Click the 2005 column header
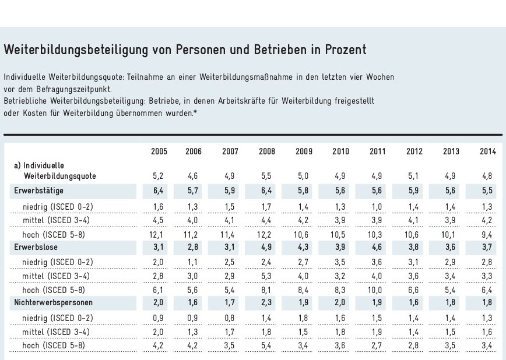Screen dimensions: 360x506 click(159, 152)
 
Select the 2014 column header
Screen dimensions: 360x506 click(487, 152)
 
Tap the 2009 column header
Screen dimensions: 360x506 click(304, 152)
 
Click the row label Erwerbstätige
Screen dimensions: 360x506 click(39, 190)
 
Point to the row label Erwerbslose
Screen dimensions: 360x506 click(36, 248)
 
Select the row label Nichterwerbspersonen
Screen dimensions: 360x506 click(54, 303)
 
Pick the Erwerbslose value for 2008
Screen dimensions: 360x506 click(268, 248)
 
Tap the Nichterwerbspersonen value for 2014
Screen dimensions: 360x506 click(487, 303)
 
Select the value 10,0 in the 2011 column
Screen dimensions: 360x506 click(377, 290)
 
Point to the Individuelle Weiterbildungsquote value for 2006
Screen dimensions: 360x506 click(194, 175)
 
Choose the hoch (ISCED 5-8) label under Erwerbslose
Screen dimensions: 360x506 click(54, 290)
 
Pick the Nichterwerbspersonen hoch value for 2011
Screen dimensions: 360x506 click(377, 345)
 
